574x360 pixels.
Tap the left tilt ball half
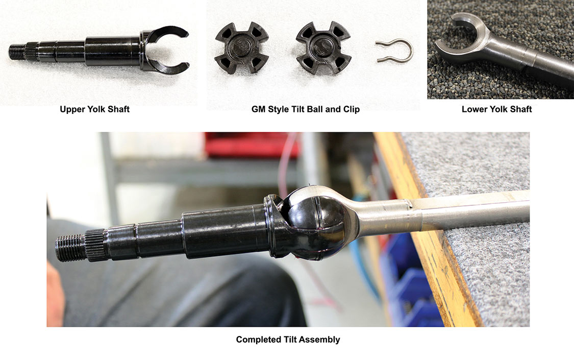(x=242, y=47)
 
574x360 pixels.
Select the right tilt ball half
(x=323, y=47)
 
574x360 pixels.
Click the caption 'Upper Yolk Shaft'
(x=94, y=109)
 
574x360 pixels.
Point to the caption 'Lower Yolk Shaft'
(x=496, y=109)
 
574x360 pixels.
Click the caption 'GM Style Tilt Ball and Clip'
(x=305, y=109)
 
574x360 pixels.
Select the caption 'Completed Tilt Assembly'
(x=288, y=340)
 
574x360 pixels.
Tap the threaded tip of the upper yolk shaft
(x=17, y=52)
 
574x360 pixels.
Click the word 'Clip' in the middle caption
(x=352, y=109)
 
